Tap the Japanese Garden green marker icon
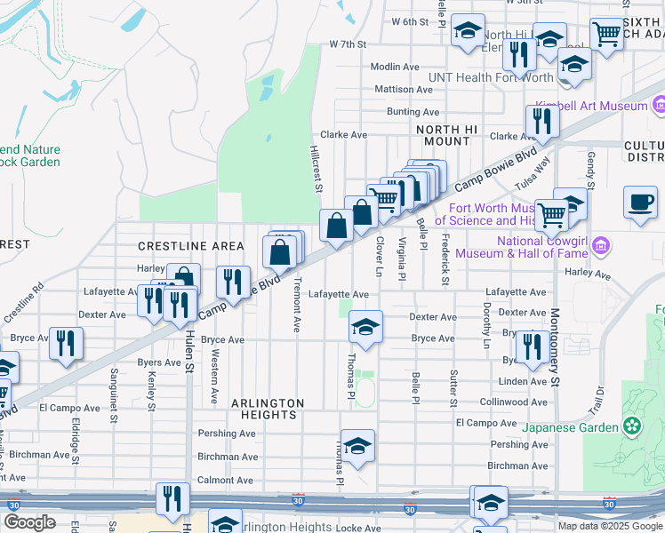(x=632, y=426)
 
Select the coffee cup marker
(x=640, y=203)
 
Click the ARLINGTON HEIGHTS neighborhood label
(x=268, y=409)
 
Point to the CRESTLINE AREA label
(x=190, y=245)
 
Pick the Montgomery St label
(x=554, y=347)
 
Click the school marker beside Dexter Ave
(x=365, y=327)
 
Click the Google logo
(x=29, y=522)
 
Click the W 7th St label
(x=348, y=44)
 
